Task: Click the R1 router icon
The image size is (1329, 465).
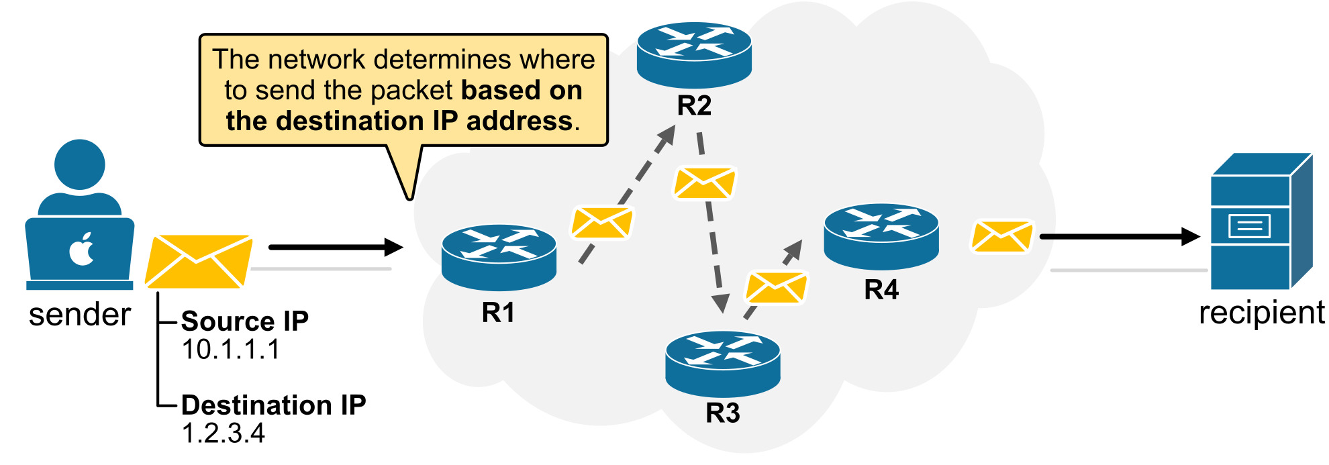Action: click(499, 257)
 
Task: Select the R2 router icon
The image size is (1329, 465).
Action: click(694, 54)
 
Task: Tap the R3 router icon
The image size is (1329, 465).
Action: click(722, 363)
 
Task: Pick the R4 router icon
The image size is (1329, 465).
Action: click(881, 236)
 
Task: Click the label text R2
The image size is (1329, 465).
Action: click(694, 105)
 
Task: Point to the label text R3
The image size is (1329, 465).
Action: click(722, 413)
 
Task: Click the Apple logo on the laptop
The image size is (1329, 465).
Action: click(82, 249)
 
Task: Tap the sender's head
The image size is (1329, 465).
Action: click(80, 164)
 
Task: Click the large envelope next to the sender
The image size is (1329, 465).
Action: click(198, 262)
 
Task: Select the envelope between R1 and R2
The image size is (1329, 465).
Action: click(601, 223)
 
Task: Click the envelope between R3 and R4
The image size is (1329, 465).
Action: click(776, 287)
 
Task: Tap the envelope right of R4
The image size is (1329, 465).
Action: click(1001, 237)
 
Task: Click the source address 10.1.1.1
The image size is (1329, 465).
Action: click(230, 350)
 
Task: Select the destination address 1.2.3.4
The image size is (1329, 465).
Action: click(224, 433)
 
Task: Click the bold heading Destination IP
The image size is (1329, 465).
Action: click(273, 405)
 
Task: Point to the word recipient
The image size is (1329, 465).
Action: click(1261, 313)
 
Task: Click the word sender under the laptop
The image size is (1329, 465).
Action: click(79, 314)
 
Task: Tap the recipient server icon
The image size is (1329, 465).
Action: click(1260, 221)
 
